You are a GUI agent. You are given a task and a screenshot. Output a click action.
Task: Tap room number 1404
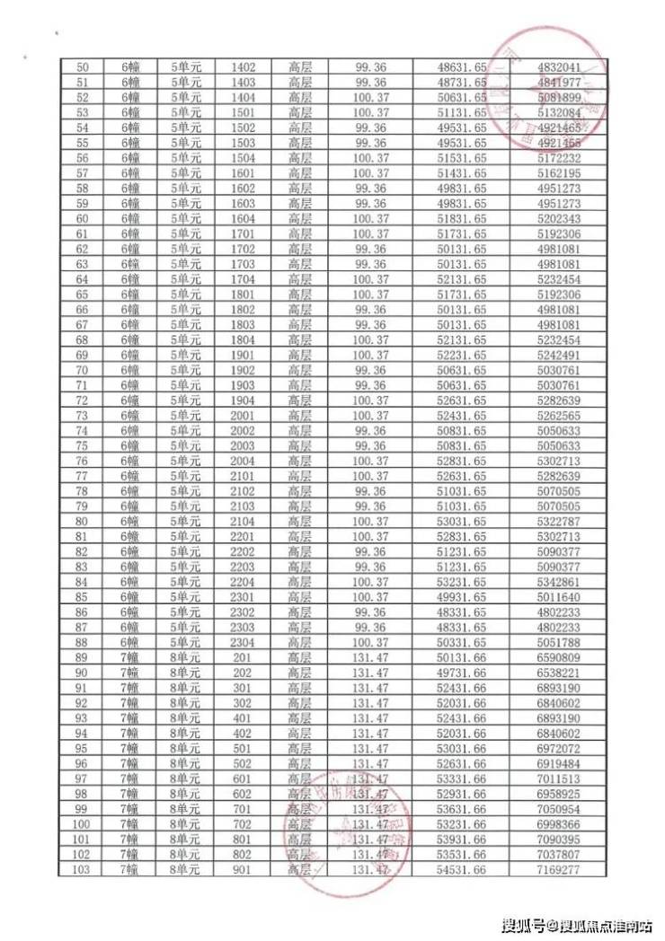click(x=243, y=97)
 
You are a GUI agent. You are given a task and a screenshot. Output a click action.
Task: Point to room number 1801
click(x=243, y=294)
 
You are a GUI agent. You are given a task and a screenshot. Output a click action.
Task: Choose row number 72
click(x=84, y=400)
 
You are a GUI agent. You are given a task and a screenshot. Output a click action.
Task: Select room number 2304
click(x=243, y=641)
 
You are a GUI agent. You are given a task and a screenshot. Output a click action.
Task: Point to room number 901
click(x=243, y=868)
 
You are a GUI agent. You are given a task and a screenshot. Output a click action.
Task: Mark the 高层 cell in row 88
click(x=300, y=641)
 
